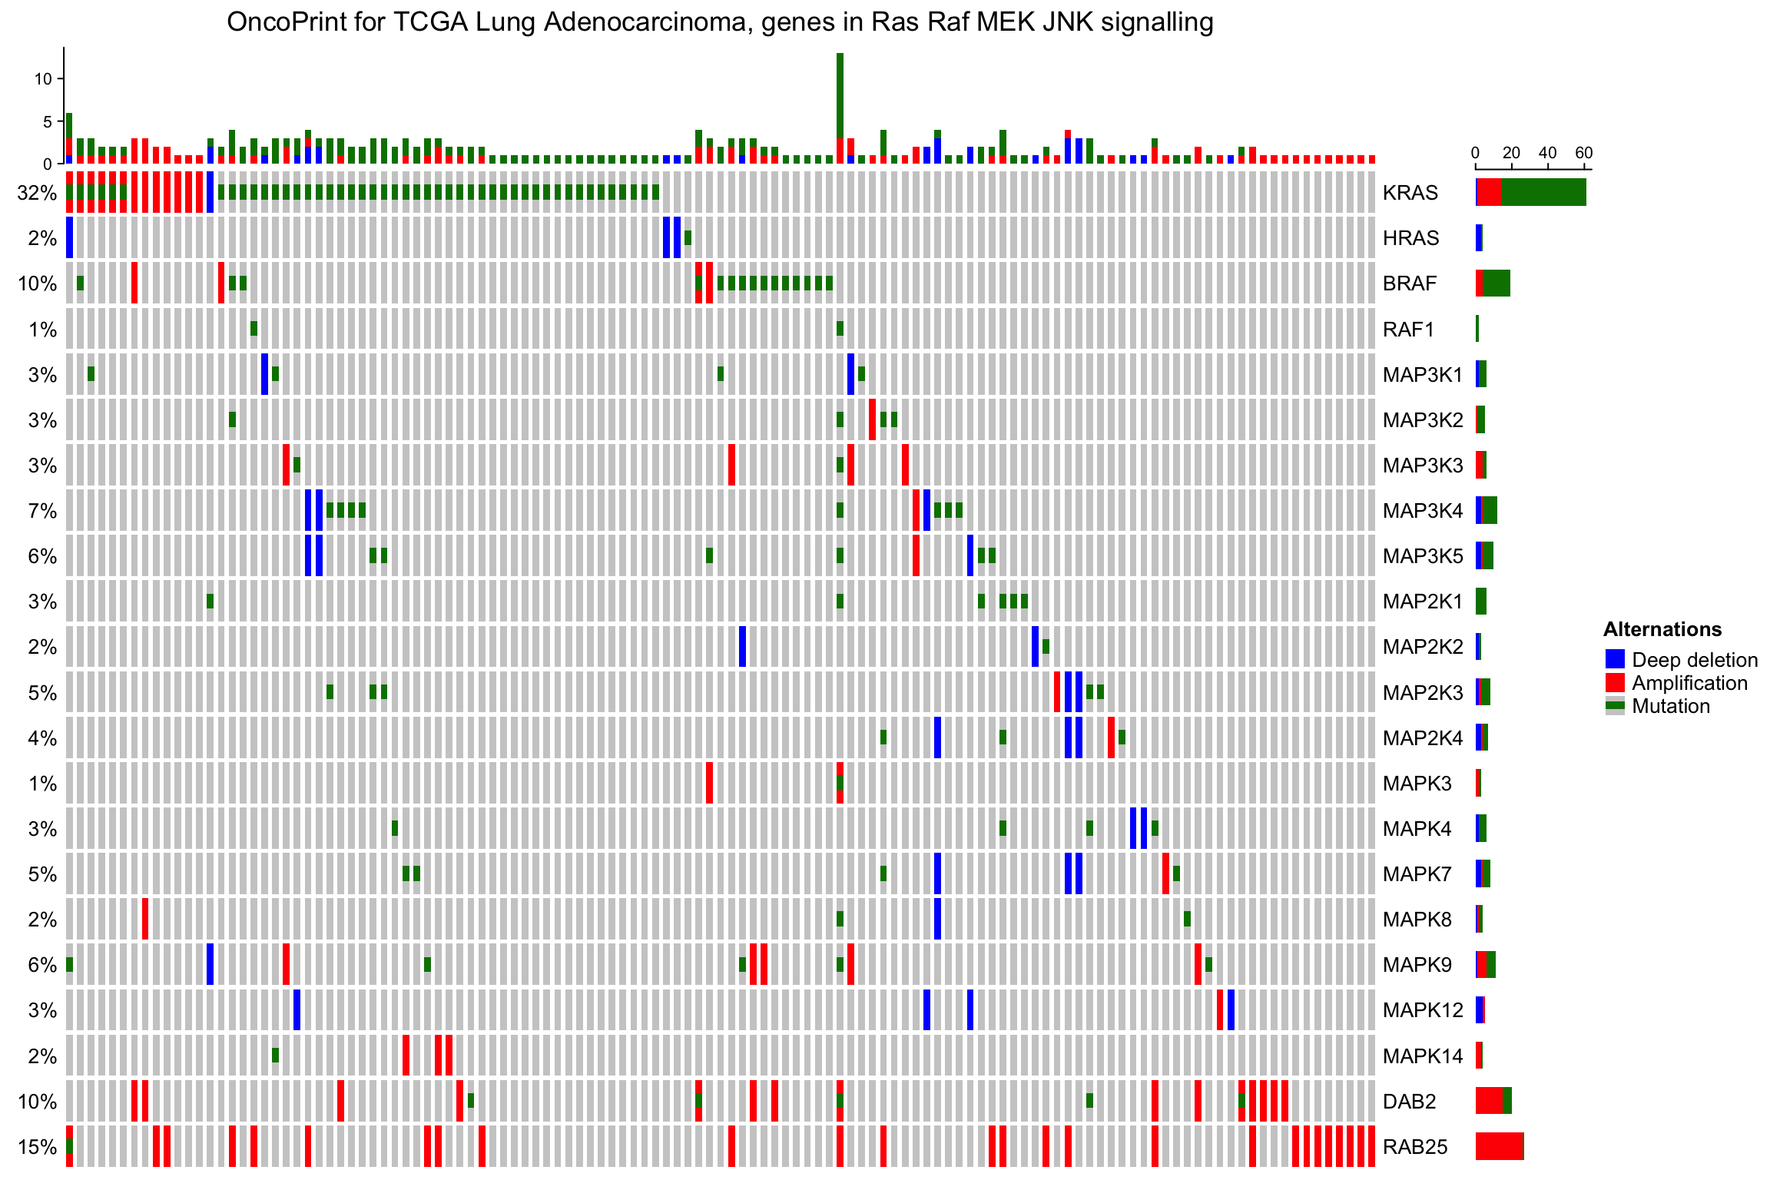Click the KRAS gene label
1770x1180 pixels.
click(1410, 193)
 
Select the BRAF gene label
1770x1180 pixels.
click(1409, 283)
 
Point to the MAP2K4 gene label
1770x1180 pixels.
click(1423, 738)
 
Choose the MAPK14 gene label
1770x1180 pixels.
click(1423, 1056)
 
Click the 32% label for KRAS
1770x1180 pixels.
click(37, 193)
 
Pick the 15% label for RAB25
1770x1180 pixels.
click(37, 1147)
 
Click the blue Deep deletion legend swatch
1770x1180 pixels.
click(1615, 659)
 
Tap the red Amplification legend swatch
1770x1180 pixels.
click(1615, 682)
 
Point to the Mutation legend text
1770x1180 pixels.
click(1670, 706)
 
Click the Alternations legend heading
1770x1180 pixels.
click(1662, 629)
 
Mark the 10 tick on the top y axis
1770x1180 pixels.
click(43, 79)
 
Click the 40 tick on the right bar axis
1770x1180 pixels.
click(1547, 153)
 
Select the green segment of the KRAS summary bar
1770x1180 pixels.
click(1543, 192)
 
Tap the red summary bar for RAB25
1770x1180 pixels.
click(1498, 1146)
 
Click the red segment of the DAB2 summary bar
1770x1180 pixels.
click(1488, 1101)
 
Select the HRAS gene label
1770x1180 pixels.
click(1410, 238)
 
